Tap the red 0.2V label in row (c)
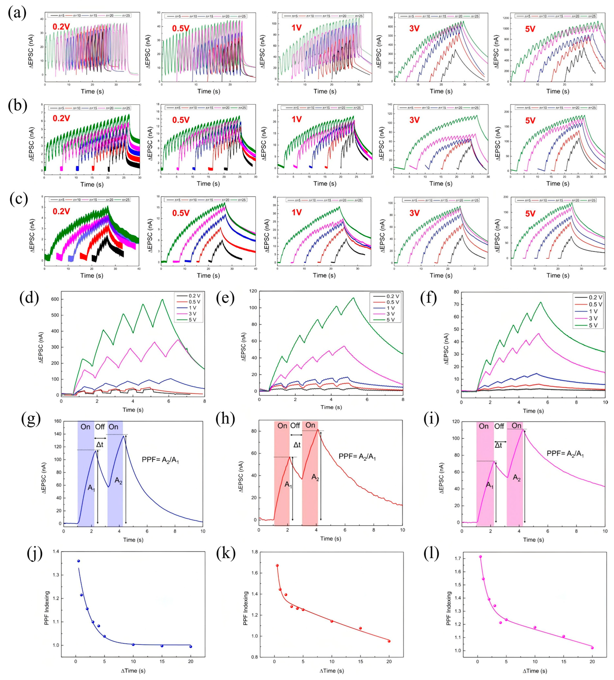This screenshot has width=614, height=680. tap(61, 211)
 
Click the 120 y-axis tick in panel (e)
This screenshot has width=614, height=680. tap(252, 291)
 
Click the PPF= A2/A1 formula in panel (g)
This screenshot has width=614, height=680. tap(160, 459)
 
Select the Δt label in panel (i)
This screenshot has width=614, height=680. tap(498, 445)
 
